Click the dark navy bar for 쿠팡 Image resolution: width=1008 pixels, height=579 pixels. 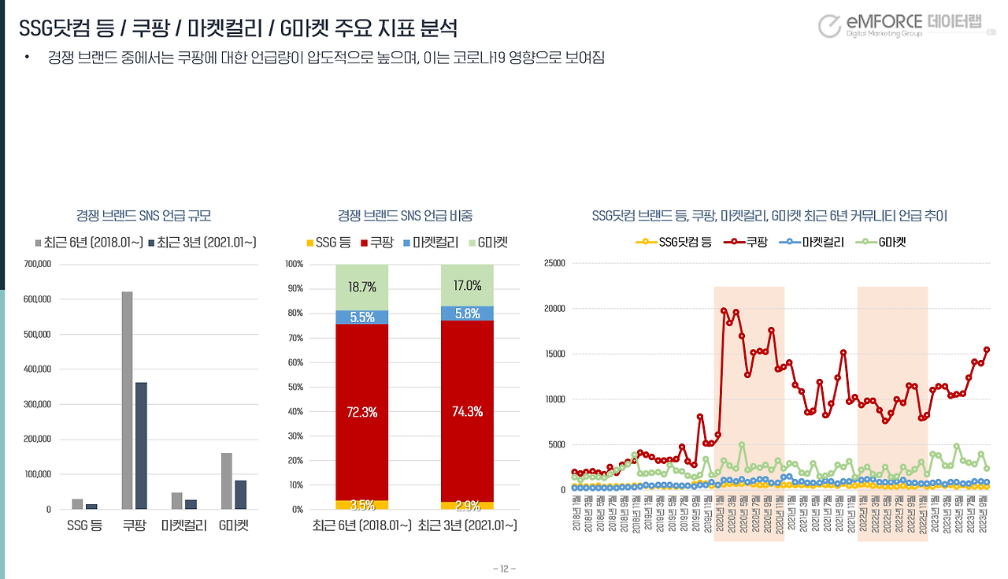coord(141,445)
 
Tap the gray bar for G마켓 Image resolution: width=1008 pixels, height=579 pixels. coord(227,481)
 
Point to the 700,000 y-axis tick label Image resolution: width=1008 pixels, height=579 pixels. coord(37,264)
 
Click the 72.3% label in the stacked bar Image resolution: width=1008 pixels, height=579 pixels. coord(361,410)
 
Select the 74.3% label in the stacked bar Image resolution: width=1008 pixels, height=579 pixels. coord(466,410)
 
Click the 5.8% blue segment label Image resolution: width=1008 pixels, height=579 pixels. coord(466,313)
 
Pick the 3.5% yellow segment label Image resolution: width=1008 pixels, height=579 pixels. coord(361,505)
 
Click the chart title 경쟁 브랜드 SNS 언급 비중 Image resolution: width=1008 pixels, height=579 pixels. coord(405,215)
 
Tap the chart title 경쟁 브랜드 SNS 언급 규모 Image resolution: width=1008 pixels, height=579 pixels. coord(143,215)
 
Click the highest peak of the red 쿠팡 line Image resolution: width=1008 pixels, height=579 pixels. coord(724,310)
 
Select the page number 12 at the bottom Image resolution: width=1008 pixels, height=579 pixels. coord(504,568)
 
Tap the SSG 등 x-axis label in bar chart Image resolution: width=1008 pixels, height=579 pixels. coord(83,525)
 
